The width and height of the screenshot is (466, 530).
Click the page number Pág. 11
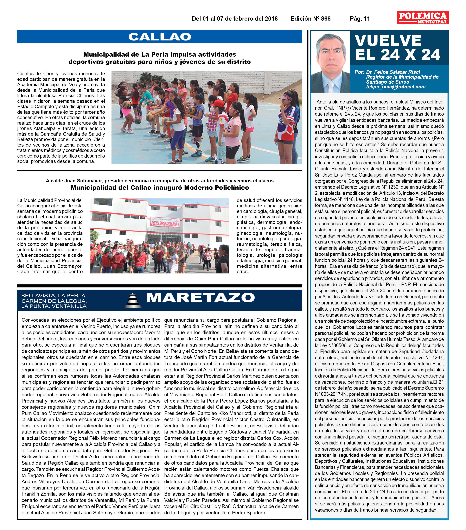pyautogui.click(x=360, y=19)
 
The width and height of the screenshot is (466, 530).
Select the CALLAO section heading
pyautogui.click(x=160, y=37)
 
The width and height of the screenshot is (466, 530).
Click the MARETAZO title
pyautogui.click(x=200, y=298)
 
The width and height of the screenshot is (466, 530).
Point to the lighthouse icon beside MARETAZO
pyautogui.click(x=133, y=301)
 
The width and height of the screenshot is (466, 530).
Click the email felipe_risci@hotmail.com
pyautogui.click(x=396, y=87)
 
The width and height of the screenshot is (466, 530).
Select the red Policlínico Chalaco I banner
pyautogui.click(x=165, y=222)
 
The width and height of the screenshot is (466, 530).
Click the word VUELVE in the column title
pyautogui.click(x=388, y=41)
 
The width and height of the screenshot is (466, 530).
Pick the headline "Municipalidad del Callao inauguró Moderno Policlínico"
pyautogui.click(x=160, y=188)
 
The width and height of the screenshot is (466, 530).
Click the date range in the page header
pyautogui.click(x=235, y=19)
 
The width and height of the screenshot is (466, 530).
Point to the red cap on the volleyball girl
pyautogui.click(x=217, y=103)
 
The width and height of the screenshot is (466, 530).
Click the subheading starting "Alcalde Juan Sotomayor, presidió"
pyautogui.click(x=160, y=181)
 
